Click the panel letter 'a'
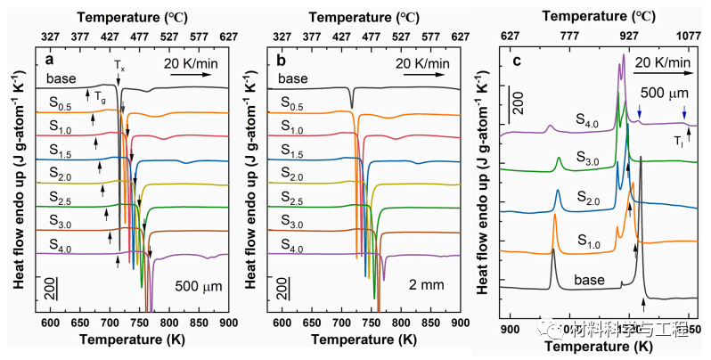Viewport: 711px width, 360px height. (52, 60)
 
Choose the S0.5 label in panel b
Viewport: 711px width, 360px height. (295, 103)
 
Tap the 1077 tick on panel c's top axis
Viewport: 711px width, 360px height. (689, 37)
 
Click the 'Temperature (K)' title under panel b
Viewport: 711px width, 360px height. (371, 340)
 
